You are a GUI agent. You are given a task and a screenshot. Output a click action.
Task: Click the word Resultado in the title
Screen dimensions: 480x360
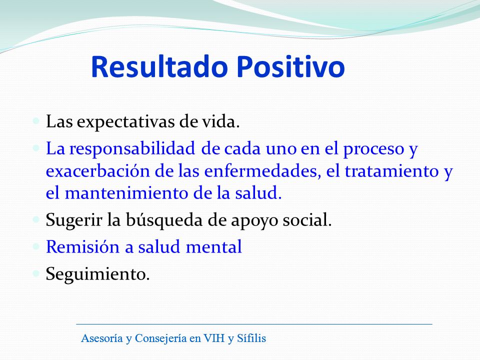tap(159, 66)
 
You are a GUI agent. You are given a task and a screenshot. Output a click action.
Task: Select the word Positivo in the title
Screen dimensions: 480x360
tap(291, 66)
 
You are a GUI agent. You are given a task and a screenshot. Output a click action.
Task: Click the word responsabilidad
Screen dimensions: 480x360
tap(132, 149)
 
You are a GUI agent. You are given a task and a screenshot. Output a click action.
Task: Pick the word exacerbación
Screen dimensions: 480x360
tap(98, 171)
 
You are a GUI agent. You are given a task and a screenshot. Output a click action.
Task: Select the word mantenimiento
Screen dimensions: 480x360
tap(126, 193)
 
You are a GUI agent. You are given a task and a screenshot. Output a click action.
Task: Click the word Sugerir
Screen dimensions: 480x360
tap(74, 220)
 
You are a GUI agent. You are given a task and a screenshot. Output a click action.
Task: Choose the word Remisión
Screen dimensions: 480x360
tap(82, 246)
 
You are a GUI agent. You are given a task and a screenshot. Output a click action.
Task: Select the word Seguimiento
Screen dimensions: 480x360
tap(97, 274)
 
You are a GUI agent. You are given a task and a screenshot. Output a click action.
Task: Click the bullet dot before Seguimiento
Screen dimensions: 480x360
tap(36, 273)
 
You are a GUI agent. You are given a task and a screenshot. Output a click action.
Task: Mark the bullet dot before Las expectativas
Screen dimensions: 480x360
tap(36, 120)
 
